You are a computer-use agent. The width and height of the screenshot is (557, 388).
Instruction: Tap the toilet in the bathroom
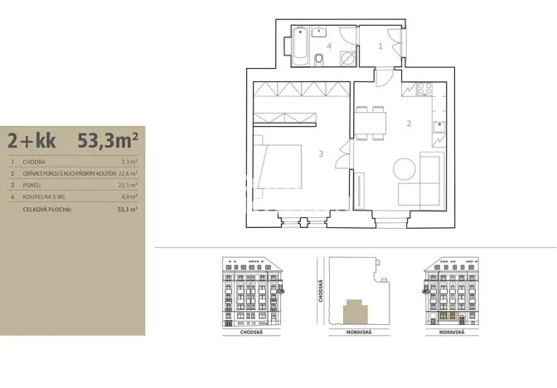point(319,58)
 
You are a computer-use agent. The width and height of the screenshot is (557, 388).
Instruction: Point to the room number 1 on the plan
point(380,46)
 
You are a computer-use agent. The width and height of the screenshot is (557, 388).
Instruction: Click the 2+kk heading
point(32,138)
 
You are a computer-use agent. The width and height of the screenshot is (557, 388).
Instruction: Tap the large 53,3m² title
point(107,138)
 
